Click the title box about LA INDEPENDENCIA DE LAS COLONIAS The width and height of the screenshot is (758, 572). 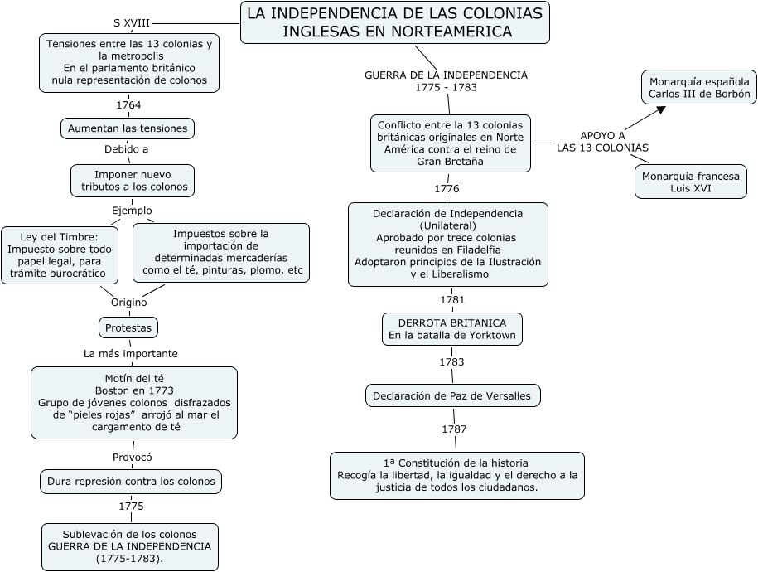[x=395, y=22]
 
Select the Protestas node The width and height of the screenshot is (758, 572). [x=128, y=327]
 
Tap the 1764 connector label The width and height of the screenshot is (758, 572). [x=128, y=105]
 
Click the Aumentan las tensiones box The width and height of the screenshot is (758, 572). [x=128, y=128]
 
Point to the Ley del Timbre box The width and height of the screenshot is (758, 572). [x=60, y=255]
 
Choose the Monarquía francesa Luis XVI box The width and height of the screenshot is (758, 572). [x=691, y=182]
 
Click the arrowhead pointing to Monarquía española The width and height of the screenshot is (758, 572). [x=660, y=110]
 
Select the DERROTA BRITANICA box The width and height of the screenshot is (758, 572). [x=452, y=329]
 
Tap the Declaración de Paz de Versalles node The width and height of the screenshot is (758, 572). [x=453, y=395]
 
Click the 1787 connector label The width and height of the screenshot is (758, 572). [x=455, y=429]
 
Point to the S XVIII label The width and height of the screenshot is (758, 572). [x=132, y=22]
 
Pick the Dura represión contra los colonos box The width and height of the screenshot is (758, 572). [x=131, y=482]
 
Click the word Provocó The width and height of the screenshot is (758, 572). [x=132, y=458]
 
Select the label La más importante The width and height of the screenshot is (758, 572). [x=131, y=354]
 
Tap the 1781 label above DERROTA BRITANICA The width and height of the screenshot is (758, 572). [x=452, y=300]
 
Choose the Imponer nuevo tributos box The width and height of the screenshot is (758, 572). [x=133, y=181]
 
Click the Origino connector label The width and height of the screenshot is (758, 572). [x=129, y=303]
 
